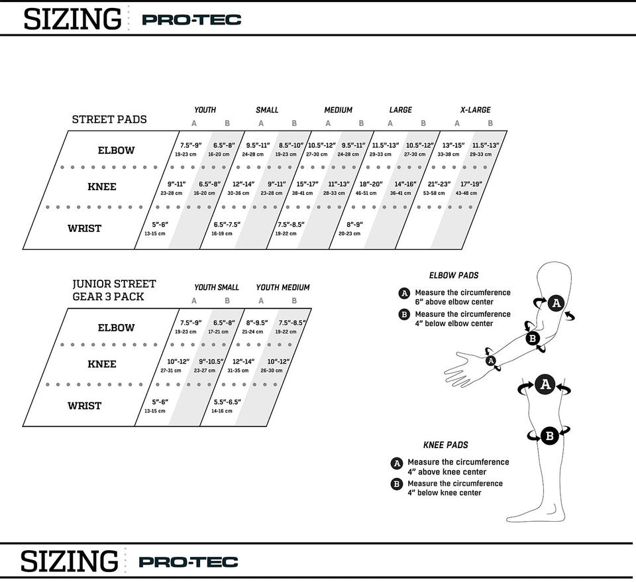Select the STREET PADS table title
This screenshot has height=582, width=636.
(x=109, y=119)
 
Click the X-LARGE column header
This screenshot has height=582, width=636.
(x=475, y=110)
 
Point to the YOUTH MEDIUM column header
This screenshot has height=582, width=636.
(x=283, y=288)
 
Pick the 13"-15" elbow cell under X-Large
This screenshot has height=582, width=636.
(x=453, y=148)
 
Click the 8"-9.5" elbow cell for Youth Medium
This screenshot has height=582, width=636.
(x=257, y=325)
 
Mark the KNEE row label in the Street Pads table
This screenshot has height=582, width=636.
(x=101, y=187)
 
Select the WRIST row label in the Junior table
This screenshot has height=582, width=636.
(x=84, y=406)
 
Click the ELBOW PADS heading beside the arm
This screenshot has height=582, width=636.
(x=454, y=275)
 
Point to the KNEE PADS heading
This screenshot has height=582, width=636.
(x=446, y=445)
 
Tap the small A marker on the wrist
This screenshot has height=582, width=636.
(x=491, y=360)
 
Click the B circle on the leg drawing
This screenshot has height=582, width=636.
(x=549, y=436)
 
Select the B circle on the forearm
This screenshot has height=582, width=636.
(x=532, y=339)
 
